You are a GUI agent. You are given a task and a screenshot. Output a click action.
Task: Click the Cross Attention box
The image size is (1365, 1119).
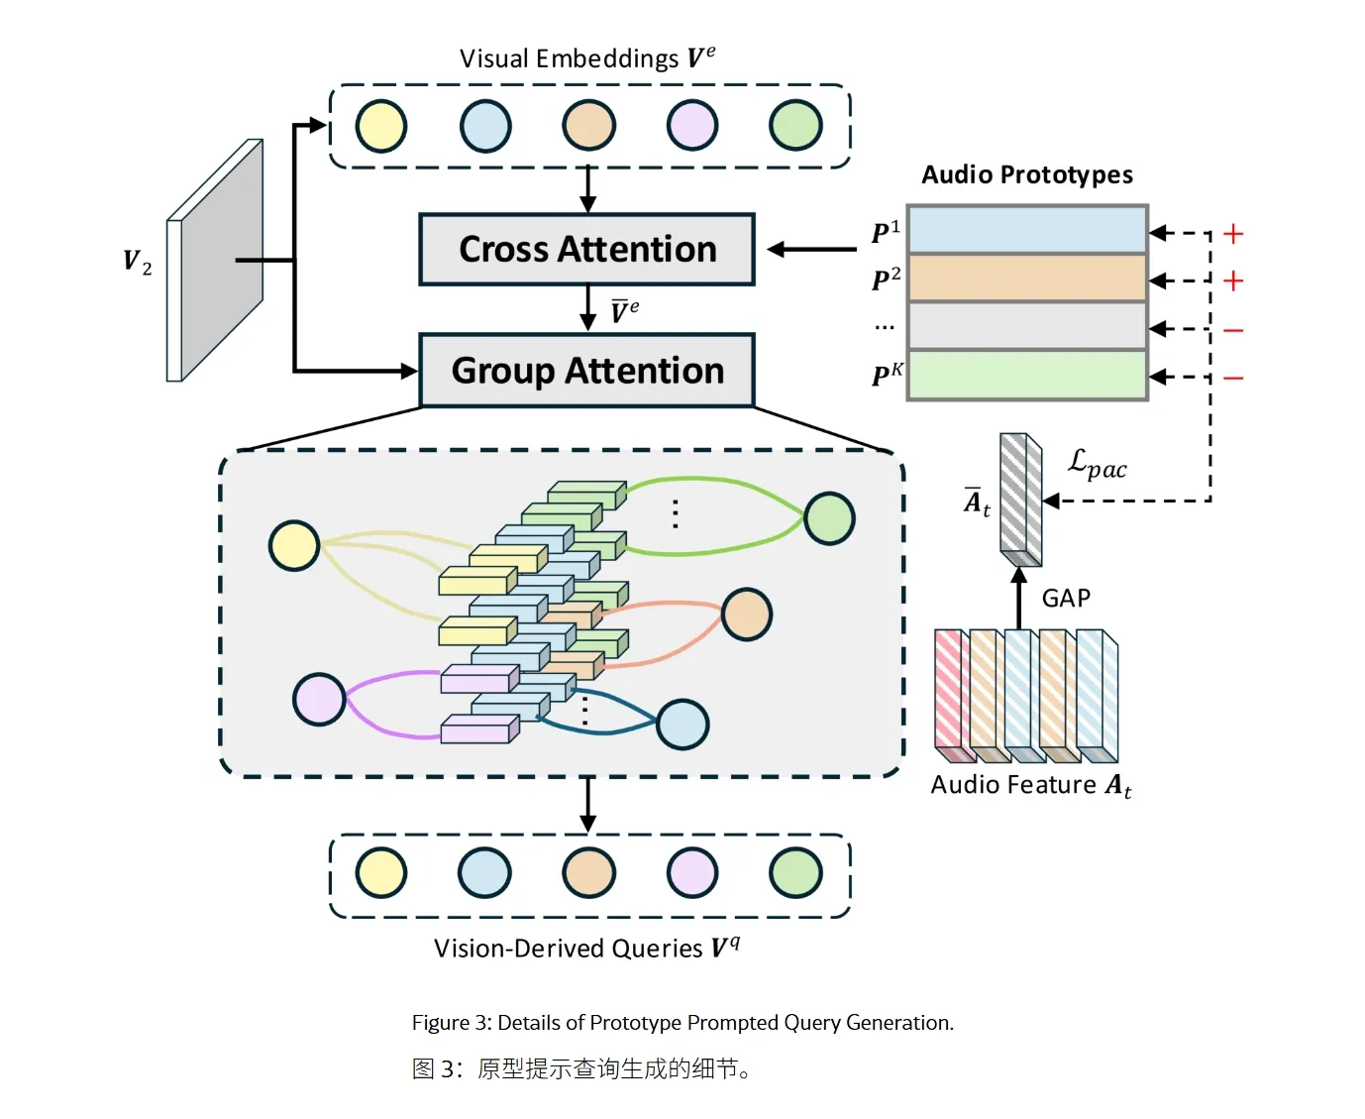586,250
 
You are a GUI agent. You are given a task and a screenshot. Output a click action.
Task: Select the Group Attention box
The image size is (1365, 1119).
587,371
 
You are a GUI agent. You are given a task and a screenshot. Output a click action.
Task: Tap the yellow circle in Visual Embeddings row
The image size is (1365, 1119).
381,127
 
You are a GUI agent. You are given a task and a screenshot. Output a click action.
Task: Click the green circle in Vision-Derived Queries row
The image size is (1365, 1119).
795,873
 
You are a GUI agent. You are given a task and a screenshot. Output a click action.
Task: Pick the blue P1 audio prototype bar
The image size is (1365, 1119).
1027,230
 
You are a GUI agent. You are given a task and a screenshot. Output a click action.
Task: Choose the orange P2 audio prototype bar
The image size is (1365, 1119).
1027,279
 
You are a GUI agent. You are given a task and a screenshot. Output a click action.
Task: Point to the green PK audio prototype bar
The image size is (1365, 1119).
1027,376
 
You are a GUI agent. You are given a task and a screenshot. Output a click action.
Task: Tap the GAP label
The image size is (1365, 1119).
1066,599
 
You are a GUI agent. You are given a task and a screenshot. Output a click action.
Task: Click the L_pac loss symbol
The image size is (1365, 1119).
1097,464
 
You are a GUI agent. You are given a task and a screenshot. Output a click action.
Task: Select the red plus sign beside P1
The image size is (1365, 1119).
1233,234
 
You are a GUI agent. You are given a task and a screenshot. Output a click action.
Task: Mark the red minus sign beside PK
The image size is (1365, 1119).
1233,379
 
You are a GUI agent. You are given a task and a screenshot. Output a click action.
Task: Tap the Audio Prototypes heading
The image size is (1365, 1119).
1027,175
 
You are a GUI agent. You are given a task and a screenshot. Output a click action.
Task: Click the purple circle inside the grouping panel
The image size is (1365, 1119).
319,699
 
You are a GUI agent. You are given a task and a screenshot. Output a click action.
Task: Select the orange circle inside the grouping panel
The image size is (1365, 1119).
747,615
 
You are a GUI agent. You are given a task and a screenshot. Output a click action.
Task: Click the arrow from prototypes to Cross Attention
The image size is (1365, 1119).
812,250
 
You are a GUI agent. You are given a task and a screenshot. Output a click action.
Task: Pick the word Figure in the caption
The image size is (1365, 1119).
441,1023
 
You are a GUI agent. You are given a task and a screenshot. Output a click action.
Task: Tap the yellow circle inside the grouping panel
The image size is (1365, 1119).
294,545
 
